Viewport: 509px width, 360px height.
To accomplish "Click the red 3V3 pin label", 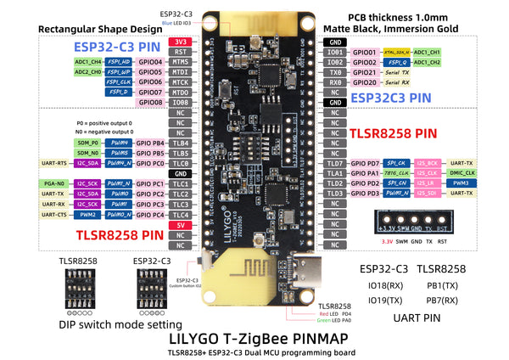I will coord(179,41).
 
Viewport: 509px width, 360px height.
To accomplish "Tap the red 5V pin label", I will coord(179,225).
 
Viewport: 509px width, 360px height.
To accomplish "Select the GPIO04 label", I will coord(149,62).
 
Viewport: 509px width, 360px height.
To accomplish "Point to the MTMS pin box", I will coord(179,62).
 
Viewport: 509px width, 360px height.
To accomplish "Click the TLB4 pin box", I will coord(179,143).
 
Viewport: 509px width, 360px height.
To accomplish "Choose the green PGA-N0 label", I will coord(53,183).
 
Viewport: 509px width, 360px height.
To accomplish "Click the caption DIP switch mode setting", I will coord(120,324).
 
